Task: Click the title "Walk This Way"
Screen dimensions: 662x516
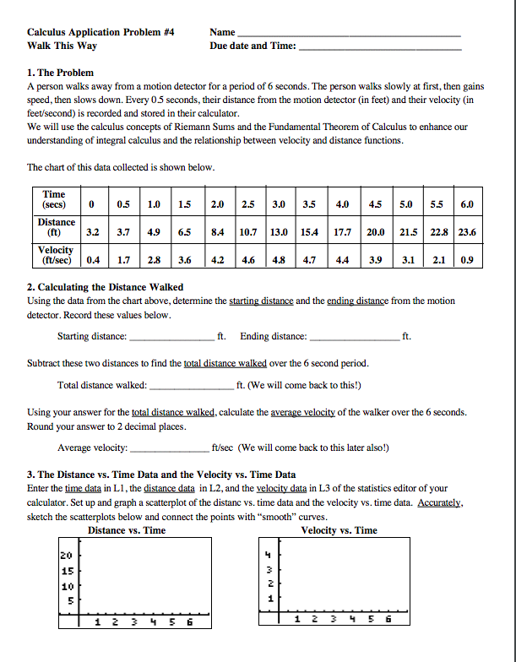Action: click(62, 46)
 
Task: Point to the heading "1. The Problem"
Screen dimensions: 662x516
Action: click(61, 73)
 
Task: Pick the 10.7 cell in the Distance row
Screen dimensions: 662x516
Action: click(247, 231)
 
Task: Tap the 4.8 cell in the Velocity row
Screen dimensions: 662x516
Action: click(278, 259)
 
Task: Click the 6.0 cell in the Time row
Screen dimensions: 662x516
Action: click(466, 204)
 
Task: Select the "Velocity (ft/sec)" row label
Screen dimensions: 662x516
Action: click(56, 255)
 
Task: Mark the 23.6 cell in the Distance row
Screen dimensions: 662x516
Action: click(466, 231)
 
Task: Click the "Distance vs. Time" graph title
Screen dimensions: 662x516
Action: click(127, 530)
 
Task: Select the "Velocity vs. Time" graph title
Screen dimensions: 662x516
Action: click(339, 530)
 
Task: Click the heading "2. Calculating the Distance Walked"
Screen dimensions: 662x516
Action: click(106, 287)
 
